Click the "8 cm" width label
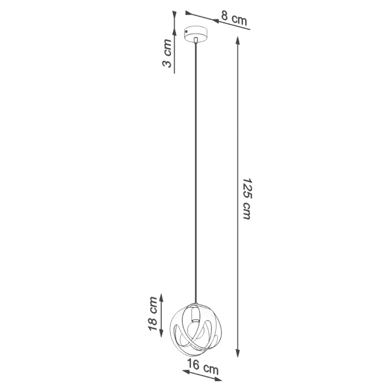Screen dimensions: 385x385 point(233,18)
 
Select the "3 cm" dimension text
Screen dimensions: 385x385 point(166,54)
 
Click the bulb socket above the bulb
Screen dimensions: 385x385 point(194,311)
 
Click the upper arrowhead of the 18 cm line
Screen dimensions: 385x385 point(162,297)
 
